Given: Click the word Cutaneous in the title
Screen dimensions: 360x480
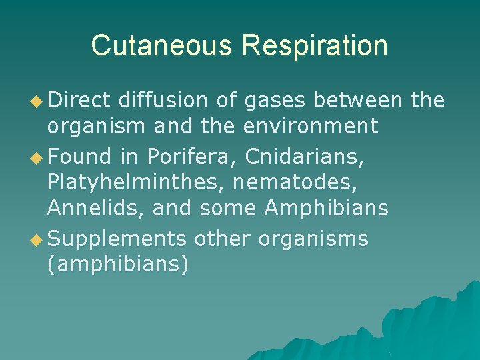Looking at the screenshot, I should click(162, 45).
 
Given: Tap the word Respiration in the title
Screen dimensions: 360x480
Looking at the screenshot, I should click(315, 45).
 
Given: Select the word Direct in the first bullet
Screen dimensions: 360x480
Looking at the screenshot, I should click(79, 100).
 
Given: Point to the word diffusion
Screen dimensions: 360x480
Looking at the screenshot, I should click(165, 100).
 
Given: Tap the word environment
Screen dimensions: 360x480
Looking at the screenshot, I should click(311, 125).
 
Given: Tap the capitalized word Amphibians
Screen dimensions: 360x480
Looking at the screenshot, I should click(326, 208).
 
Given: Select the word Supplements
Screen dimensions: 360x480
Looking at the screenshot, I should click(117, 238).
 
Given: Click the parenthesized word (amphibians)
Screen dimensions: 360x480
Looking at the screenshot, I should click(118, 264).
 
